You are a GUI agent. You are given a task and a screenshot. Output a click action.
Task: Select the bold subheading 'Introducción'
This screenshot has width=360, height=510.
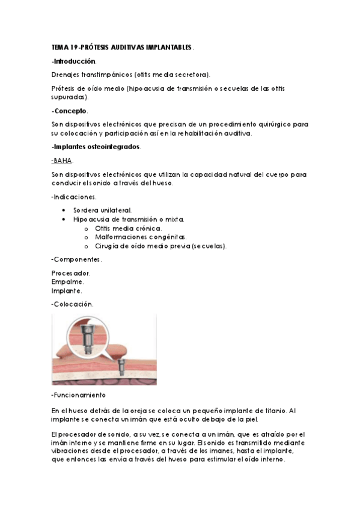pyautogui.click(x=75, y=61)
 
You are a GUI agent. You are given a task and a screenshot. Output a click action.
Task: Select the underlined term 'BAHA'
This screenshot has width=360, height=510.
pyautogui.click(x=63, y=161)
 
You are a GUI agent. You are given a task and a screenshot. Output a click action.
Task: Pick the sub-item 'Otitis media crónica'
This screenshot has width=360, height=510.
pyautogui.click(x=129, y=229)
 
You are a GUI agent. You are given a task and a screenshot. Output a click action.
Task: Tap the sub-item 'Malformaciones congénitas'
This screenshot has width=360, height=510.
pyautogui.click(x=141, y=237)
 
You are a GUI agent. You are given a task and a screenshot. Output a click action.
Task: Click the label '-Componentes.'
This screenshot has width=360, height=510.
pyautogui.click(x=77, y=259)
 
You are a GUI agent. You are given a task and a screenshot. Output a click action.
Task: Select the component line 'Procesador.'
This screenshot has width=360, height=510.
pyautogui.click(x=71, y=273)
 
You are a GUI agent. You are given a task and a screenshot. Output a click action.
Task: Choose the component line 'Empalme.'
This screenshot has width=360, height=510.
pyautogui.click(x=68, y=281)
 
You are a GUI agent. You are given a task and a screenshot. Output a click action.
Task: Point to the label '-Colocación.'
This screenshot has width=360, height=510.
pyautogui.click(x=73, y=304)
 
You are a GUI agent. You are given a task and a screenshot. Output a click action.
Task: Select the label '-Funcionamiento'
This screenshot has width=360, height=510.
pyautogui.click(x=79, y=395)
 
